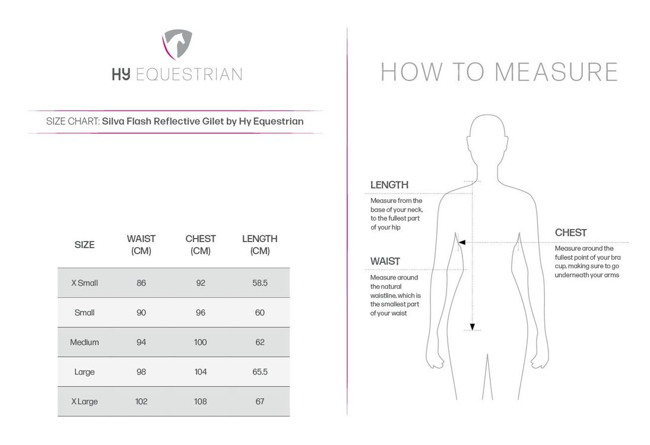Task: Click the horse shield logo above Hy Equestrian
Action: [x=176, y=46]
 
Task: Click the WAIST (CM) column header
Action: [x=141, y=244]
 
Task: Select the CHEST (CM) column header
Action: [x=201, y=244]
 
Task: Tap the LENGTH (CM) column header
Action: [x=260, y=244]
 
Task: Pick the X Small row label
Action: [x=84, y=283]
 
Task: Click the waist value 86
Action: [x=141, y=283]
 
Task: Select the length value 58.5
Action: [x=260, y=283]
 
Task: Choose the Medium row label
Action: [x=84, y=342]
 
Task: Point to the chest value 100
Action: [x=201, y=342]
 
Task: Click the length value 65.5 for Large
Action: [x=260, y=372]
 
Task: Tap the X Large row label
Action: [x=84, y=402]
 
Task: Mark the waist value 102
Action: [x=141, y=402]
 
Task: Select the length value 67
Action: [x=260, y=402]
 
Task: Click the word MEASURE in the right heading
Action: [x=556, y=72]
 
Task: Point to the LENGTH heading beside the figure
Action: [x=389, y=185]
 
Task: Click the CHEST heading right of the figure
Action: [x=571, y=233]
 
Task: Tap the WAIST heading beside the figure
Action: [x=385, y=261]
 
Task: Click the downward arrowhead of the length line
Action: [x=473, y=326]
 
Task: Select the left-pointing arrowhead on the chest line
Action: [x=461, y=242]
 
